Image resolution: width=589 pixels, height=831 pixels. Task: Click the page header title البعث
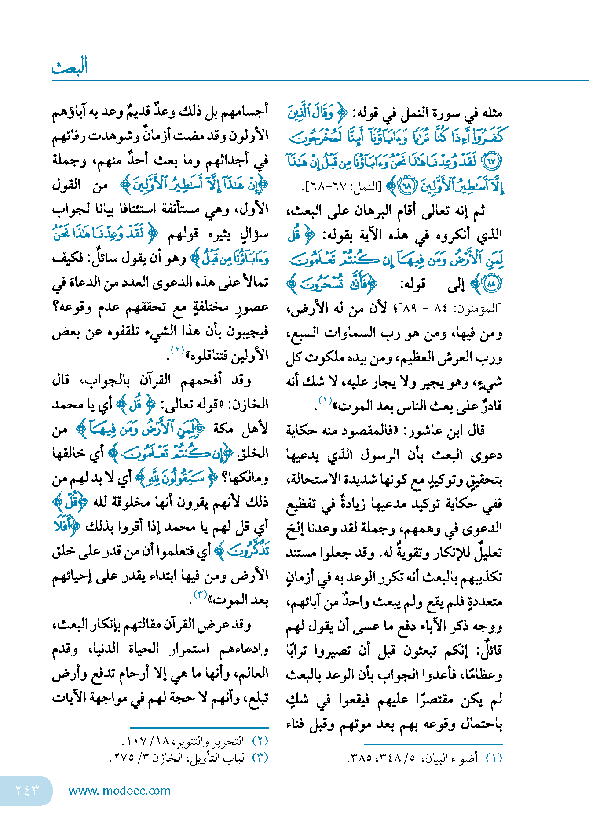pyautogui.click(x=70, y=66)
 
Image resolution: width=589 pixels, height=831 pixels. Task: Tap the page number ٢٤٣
pyautogui.click(x=27, y=790)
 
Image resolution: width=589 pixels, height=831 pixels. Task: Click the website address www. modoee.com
pyautogui.click(x=119, y=790)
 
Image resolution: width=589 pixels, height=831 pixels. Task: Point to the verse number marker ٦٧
pyautogui.click(x=491, y=161)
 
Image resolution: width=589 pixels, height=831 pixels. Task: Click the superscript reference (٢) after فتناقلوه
pyautogui.click(x=177, y=350)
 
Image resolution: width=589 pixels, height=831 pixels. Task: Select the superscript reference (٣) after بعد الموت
pyautogui.click(x=200, y=595)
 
